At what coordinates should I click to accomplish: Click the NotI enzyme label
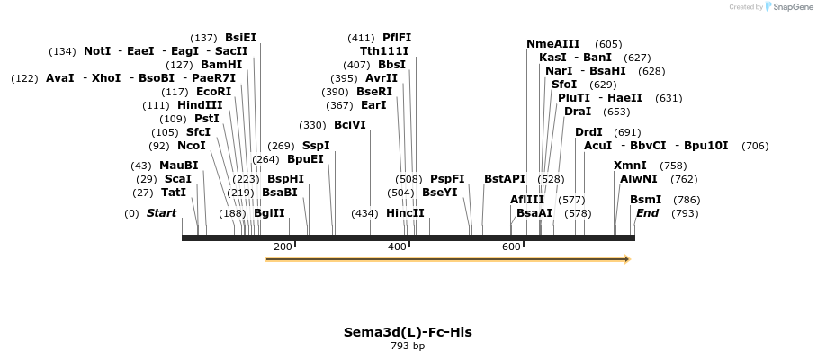(x=97, y=51)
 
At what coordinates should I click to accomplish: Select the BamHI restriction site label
(x=221, y=65)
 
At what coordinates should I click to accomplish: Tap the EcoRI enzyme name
(x=213, y=92)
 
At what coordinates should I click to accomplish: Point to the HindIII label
(x=200, y=105)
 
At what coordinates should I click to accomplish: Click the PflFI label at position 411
(x=397, y=38)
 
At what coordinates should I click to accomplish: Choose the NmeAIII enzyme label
(x=553, y=43)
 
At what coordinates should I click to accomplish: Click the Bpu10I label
(x=706, y=145)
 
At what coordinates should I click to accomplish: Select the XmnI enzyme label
(x=630, y=166)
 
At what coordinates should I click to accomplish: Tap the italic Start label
(x=161, y=213)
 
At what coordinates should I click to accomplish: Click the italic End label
(x=647, y=213)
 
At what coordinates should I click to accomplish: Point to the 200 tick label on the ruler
(x=283, y=247)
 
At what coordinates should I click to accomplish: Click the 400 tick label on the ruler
(x=397, y=247)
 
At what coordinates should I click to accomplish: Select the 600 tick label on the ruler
(x=511, y=247)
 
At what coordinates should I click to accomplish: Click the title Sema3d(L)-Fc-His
(x=408, y=332)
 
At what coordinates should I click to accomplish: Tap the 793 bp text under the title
(x=408, y=346)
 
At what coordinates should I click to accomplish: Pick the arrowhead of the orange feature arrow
(x=627, y=259)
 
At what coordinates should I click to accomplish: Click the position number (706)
(x=756, y=146)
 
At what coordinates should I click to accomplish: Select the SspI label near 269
(x=316, y=145)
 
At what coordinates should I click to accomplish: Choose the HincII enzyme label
(x=405, y=213)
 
